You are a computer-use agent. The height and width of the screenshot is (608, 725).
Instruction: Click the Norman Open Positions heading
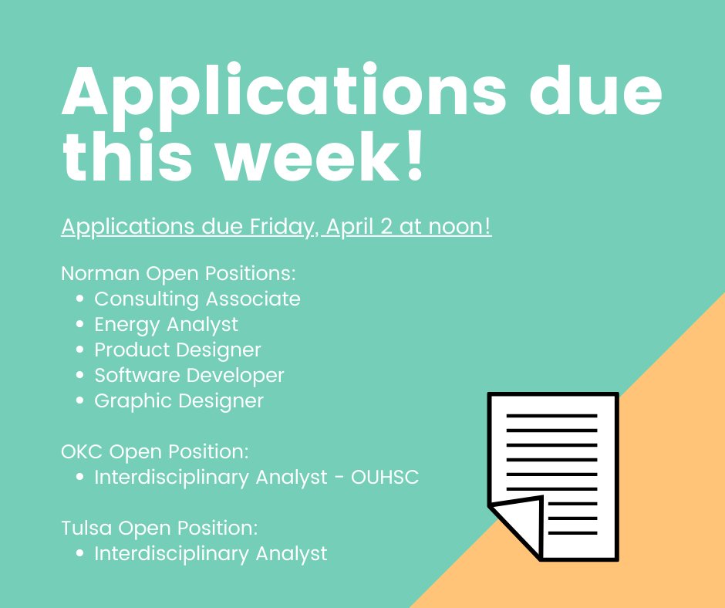point(179,273)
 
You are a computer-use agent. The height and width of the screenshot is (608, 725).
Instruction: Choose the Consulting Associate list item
point(197,299)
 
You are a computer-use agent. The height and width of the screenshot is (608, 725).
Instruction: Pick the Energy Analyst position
point(166,324)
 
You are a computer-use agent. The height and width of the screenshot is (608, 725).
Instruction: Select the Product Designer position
point(177,350)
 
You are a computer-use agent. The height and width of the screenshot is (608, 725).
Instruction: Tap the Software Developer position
point(189,375)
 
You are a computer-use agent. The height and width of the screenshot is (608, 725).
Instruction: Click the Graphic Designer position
point(179,401)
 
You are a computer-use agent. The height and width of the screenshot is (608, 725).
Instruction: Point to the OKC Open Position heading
point(154,451)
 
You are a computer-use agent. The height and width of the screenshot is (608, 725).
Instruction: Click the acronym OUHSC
point(385,478)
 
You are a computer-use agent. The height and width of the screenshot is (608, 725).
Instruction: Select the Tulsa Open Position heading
point(159,528)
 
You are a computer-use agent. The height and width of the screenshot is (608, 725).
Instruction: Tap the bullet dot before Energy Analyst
point(80,325)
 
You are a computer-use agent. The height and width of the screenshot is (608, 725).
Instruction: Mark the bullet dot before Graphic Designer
point(80,401)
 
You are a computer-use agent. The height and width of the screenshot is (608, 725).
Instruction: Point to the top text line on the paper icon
point(551,416)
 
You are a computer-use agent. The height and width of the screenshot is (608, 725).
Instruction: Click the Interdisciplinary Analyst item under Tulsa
point(211,553)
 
